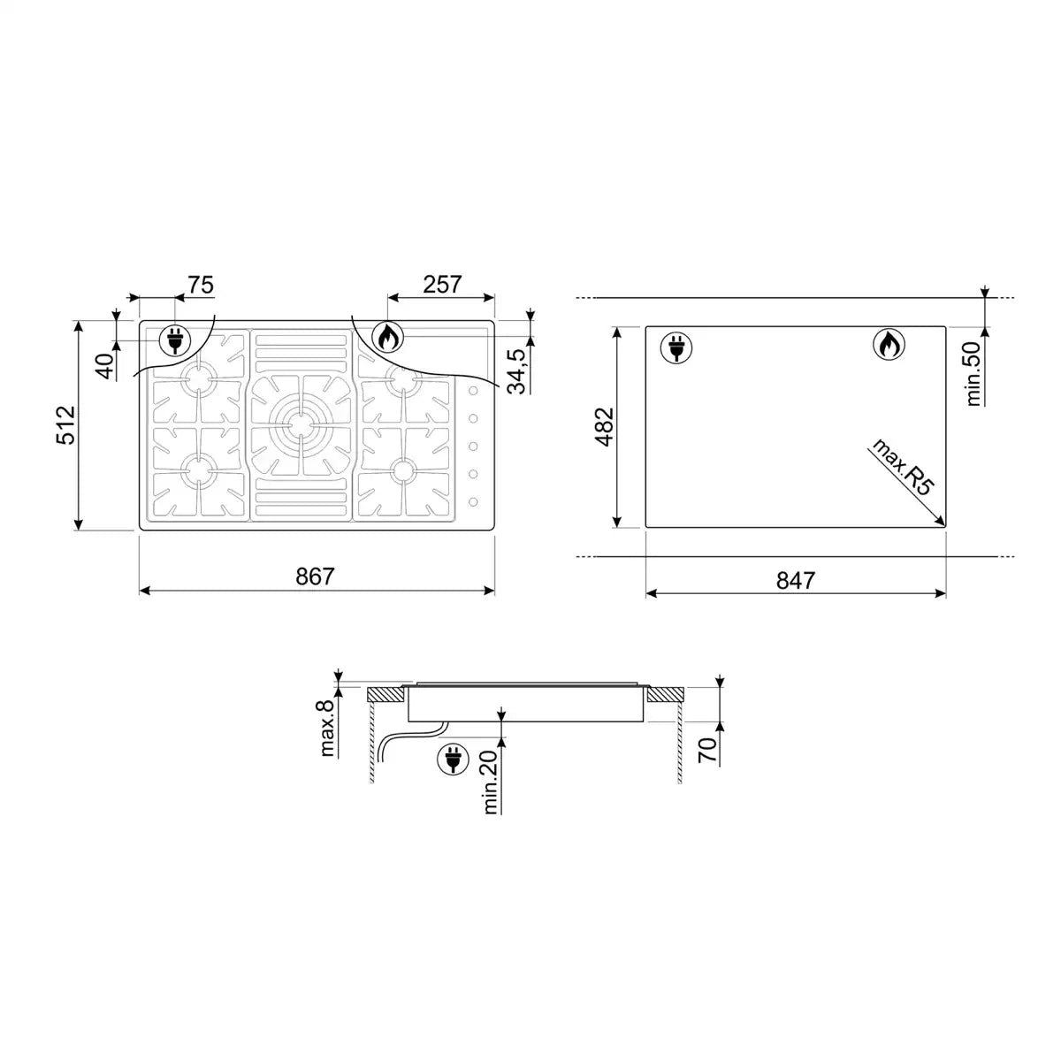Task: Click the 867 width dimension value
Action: pos(315,576)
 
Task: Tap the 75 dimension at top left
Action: pos(201,285)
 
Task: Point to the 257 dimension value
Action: pos(442,285)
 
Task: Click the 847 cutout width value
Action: pos(796,580)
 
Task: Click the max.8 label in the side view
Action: pos(327,729)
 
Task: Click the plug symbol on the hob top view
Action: pos(175,340)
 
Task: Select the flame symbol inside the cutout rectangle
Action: pos(889,345)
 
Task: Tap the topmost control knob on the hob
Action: pos(474,391)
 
